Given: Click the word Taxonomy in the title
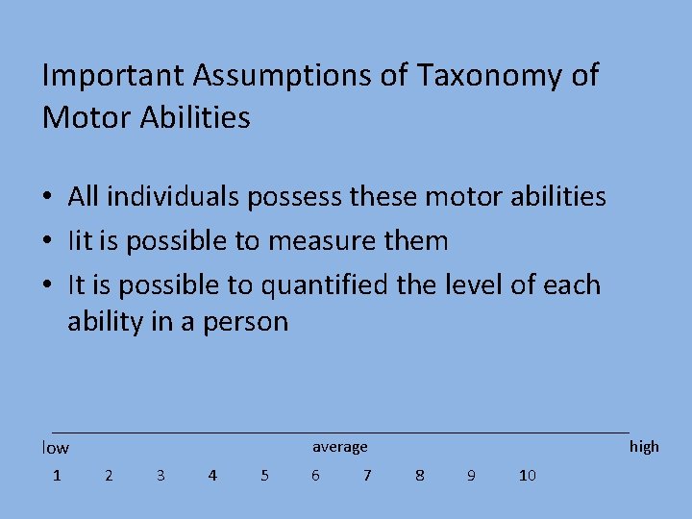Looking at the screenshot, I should (x=469, y=76).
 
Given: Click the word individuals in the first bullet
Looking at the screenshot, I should (x=176, y=197).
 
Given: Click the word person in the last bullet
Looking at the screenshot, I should (x=246, y=321).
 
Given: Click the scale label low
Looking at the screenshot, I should (x=56, y=448).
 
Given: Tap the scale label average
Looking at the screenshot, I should (x=339, y=447).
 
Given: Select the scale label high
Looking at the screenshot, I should (x=644, y=446).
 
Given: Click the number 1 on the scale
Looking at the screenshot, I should (x=57, y=475).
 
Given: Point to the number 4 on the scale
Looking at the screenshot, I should (x=212, y=475).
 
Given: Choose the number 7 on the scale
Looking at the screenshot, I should (x=367, y=475).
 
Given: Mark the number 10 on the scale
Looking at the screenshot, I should (x=527, y=475).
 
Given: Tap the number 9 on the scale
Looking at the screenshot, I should (x=471, y=475).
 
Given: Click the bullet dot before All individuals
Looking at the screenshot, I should (x=47, y=198).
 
